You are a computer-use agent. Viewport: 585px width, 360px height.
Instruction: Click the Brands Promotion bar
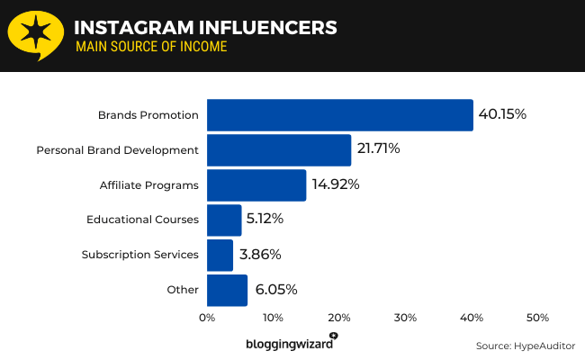[339, 115]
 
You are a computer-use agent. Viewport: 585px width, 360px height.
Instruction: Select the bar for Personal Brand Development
[279, 150]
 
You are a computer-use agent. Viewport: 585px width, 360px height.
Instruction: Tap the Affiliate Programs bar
[256, 185]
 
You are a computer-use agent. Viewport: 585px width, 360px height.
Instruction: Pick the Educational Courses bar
[224, 220]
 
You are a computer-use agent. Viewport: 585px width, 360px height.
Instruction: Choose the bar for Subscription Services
[220, 255]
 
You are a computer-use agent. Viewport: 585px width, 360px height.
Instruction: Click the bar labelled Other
[227, 290]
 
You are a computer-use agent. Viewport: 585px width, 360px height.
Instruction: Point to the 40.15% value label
[502, 115]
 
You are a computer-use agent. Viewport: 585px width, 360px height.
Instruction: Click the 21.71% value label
[380, 149]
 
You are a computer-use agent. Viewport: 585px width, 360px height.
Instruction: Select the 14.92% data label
[336, 184]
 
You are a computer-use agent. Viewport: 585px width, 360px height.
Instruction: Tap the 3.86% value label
[262, 255]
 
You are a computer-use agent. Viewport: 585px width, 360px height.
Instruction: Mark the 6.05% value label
[276, 290]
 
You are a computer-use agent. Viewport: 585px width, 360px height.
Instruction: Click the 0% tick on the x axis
[207, 318]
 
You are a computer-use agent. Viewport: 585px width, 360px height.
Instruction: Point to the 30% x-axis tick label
[405, 318]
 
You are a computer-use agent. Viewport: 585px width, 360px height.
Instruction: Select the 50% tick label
[537, 318]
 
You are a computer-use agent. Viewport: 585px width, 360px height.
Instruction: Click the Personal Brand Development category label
[117, 150]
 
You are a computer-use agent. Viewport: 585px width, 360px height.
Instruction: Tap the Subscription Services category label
[139, 255]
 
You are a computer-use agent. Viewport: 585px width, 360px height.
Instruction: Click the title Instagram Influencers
[206, 28]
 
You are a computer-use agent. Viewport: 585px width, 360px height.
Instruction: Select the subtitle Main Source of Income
[150, 47]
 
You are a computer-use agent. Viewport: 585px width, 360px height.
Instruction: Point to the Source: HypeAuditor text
[525, 346]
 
